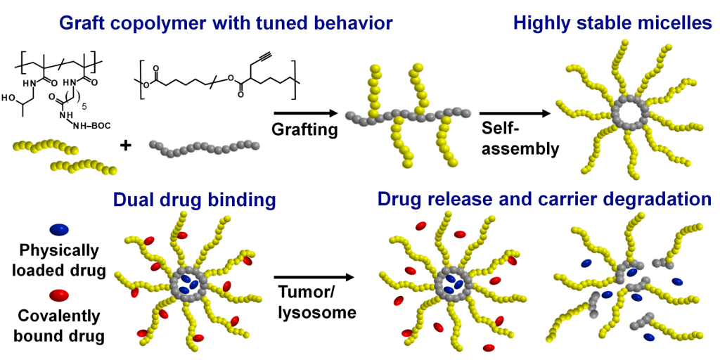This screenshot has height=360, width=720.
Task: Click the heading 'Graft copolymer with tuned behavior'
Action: click(x=226, y=24)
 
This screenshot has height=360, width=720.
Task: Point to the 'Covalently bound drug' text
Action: click(x=60, y=326)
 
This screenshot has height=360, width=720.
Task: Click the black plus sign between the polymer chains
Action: click(x=126, y=146)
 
